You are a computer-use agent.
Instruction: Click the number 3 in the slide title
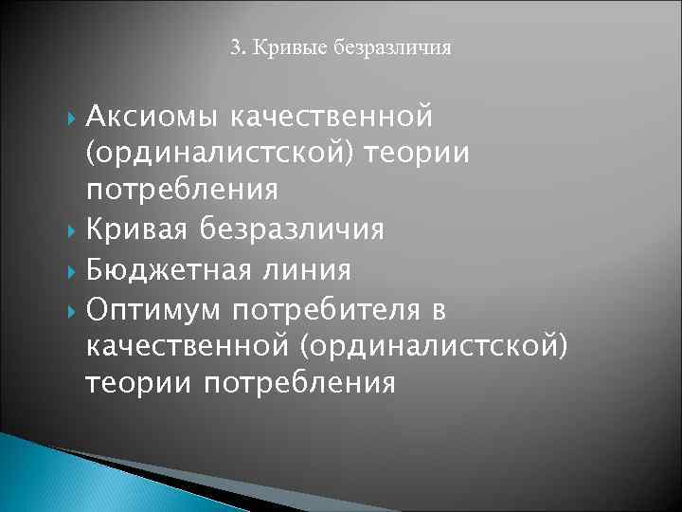pyautogui.click(x=235, y=46)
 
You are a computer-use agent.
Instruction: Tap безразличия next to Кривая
pyautogui.click(x=302, y=229)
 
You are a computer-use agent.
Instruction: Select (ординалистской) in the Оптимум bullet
pyautogui.click(x=435, y=347)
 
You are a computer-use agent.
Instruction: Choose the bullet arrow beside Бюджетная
pyautogui.click(x=75, y=270)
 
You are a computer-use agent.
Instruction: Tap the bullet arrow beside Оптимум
pyautogui.click(x=75, y=309)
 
